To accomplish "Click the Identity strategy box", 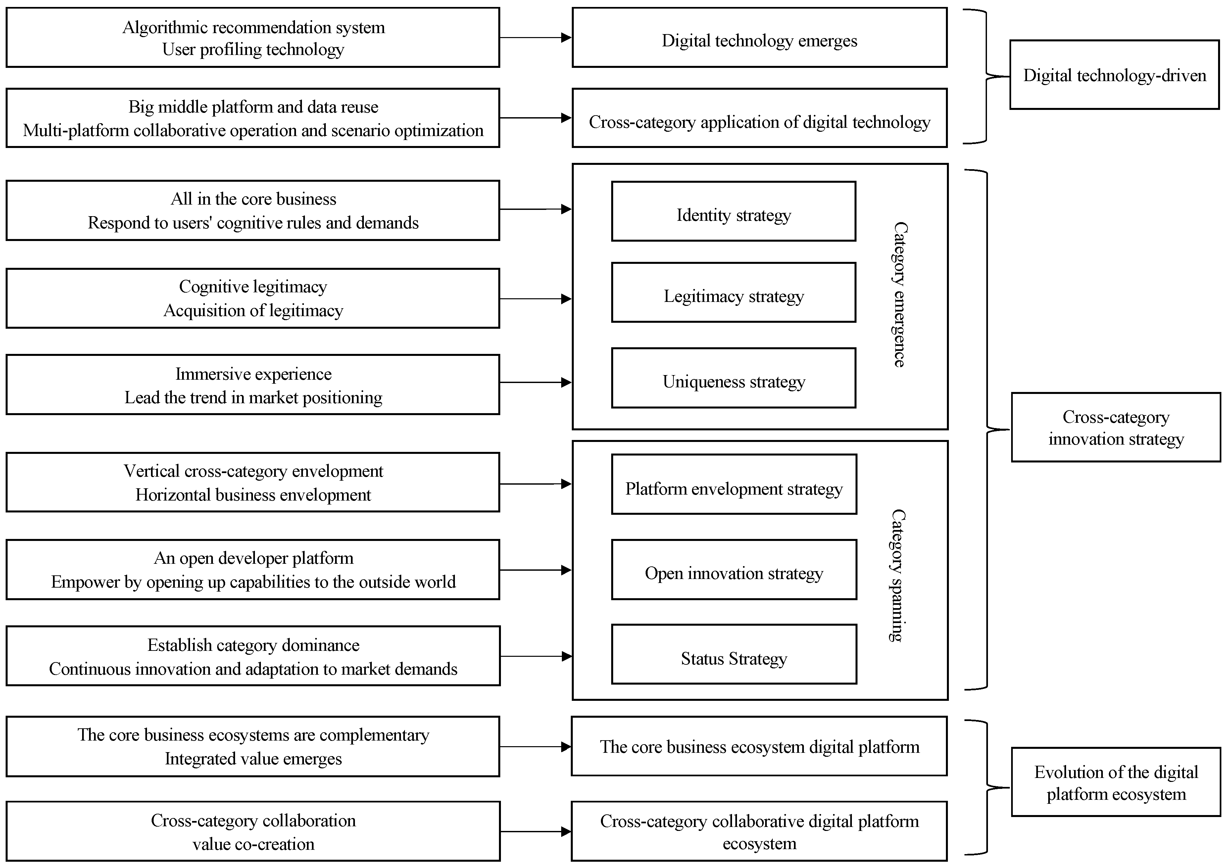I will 733,211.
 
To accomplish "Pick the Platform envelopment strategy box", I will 734,484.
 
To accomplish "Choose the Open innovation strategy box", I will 734,570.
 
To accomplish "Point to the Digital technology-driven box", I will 1114,75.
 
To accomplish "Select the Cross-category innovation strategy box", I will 1116,428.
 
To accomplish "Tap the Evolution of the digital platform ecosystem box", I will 1116,782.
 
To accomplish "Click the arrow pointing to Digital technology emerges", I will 535,37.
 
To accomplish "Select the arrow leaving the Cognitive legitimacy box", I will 535,299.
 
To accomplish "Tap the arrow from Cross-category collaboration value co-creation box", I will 535,831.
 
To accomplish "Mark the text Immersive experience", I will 253,374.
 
